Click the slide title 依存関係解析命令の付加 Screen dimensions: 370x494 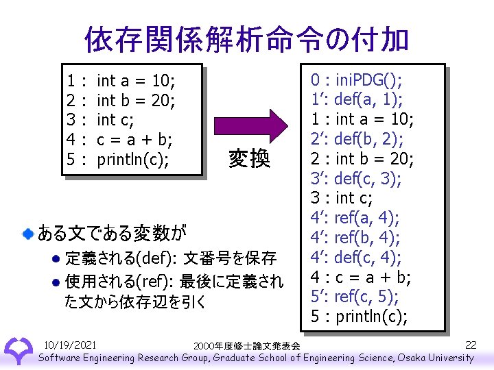pyautogui.click(x=246, y=40)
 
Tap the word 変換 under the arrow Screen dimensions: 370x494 pyautogui.click(x=249, y=159)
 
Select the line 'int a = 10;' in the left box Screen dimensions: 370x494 pyautogui.click(x=136, y=82)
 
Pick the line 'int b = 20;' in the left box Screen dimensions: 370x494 pyautogui.click(x=137, y=101)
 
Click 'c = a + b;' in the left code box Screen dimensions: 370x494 pyautogui.click(x=134, y=140)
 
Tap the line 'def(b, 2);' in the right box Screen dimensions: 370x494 pyautogui.click(x=370, y=140)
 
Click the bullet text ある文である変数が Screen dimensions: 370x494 pyautogui.click(x=111, y=233)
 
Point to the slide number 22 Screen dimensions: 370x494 pyautogui.click(x=471, y=344)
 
